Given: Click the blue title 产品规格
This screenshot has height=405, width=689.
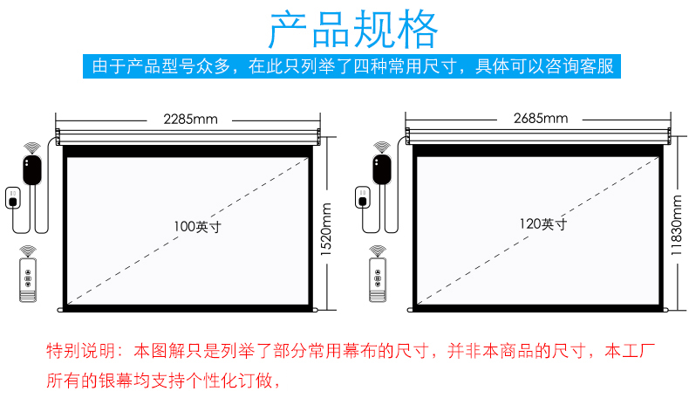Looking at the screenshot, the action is [x=353, y=30].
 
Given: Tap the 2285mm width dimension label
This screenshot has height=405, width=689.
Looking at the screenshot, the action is [x=190, y=120].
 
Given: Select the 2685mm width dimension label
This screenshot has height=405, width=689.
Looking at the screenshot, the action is [x=541, y=119].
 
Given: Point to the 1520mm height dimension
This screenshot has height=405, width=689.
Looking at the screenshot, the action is [x=326, y=230].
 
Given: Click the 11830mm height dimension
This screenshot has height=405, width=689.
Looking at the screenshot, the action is [x=677, y=225].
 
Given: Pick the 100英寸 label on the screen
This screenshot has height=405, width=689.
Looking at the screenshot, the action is [x=197, y=227].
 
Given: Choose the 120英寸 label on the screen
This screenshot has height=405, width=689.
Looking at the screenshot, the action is [x=543, y=224].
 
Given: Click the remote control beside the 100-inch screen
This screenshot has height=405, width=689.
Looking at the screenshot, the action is [x=28, y=280].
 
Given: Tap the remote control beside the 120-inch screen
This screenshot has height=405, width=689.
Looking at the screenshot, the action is [x=378, y=280].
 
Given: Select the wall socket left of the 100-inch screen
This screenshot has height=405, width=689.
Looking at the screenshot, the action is [x=13, y=198].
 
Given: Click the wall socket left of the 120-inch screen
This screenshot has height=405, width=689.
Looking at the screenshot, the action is [x=363, y=197].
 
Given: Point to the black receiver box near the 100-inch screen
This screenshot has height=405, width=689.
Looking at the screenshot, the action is [x=32, y=169].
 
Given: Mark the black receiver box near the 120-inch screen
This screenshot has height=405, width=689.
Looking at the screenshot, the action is [x=382, y=169].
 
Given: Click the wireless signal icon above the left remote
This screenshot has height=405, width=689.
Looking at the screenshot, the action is [x=28, y=251].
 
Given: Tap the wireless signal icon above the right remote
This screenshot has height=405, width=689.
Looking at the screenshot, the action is [x=378, y=251].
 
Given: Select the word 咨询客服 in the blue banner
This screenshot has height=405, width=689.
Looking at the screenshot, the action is [x=579, y=66].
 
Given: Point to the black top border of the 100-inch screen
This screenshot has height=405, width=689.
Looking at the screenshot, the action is [x=188, y=151].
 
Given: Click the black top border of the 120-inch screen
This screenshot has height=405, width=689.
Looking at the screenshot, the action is [x=537, y=150].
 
